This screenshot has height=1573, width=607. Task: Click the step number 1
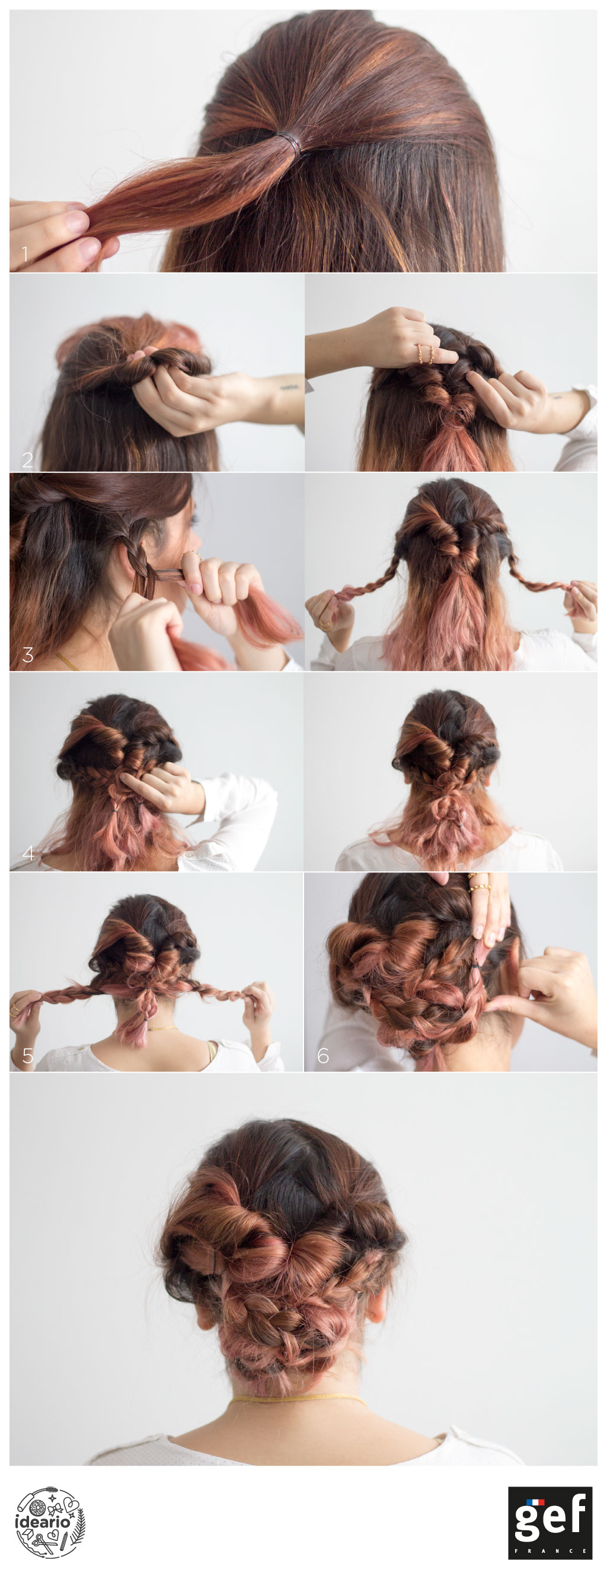click(25, 254)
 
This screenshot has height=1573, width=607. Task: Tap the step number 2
click(27, 459)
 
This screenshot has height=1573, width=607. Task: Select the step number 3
click(27, 654)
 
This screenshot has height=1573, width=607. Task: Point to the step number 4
click(28, 852)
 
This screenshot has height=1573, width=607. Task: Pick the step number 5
click(28, 1055)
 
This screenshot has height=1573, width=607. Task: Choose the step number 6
click(323, 1055)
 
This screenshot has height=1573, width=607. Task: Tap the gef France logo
click(550, 1522)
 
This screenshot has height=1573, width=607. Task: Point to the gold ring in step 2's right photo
click(425, 353)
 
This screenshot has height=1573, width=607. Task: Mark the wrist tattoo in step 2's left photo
click(289, 386)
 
